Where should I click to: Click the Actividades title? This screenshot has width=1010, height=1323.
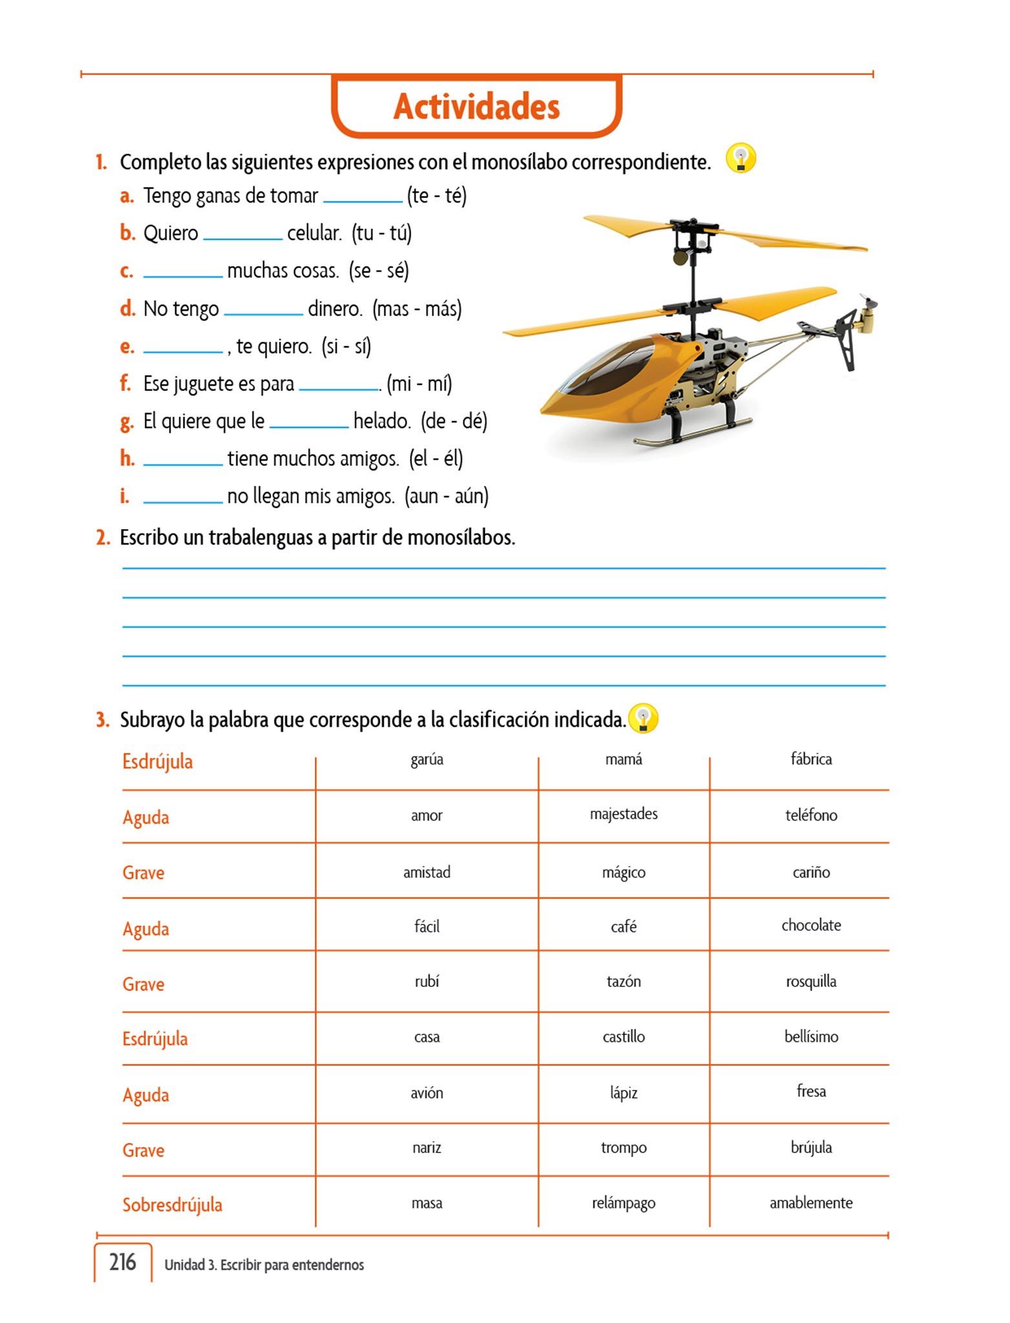pos(477,107)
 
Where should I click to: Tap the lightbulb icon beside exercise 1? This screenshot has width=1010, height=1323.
pos(741,158)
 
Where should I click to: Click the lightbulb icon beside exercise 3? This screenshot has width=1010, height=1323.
pos(643,718)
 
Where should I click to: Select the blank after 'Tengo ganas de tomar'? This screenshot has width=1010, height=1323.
pos(362,197)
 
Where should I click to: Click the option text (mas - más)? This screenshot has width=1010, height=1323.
pos(417,309)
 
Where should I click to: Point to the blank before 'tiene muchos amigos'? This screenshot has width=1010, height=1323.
pos(183,460)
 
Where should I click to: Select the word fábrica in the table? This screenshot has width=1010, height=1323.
pos(811,759)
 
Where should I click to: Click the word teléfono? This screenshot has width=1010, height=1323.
pos(811,815)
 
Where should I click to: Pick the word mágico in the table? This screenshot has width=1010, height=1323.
pos(623,872)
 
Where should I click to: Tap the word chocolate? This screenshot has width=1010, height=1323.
pos(811,925)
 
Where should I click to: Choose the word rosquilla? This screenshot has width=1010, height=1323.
pos(811,981)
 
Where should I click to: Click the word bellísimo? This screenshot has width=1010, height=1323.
pos(811,1037)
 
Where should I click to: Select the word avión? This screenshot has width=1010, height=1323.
pos(427,1093)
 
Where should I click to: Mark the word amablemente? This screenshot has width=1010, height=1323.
pos(811,1203)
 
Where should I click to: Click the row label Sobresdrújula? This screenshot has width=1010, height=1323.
pos(172,1205)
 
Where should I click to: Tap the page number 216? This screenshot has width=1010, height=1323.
pos(123,1262)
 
